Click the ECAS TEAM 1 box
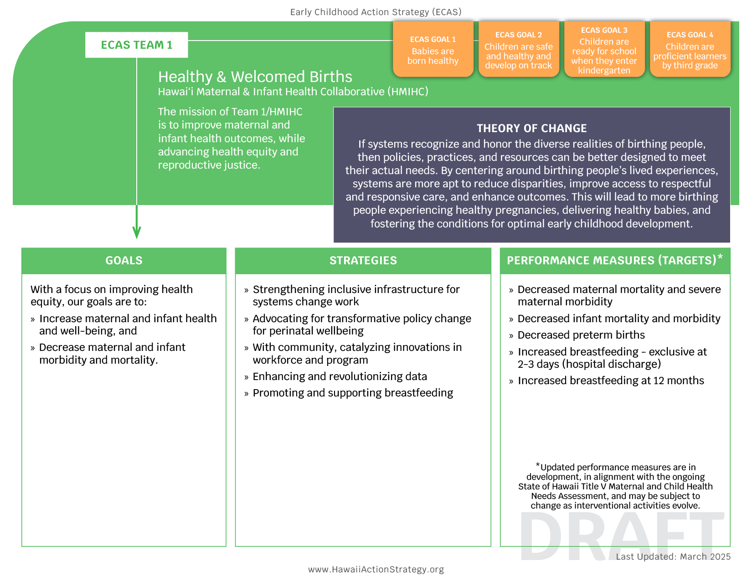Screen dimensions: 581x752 click(x=136, y=45)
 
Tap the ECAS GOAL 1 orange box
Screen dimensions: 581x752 click(x=433, y=50)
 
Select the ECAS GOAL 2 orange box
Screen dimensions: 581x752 click(x=518, y=50)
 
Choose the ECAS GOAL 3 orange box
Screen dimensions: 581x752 click(x=604, y=50)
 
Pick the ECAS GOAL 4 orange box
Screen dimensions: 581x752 click(x=690, y=50)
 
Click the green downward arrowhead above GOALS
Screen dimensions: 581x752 click(x=136, y=232)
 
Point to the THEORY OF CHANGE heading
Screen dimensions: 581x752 click(x=531, y=129)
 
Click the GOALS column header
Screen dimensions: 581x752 click(x=124, y=261)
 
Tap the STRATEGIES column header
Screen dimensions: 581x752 click(x=363, y=261)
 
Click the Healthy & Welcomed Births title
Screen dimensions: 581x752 click(x=255, y=77)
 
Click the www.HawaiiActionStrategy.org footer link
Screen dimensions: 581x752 click(x=376, y=569)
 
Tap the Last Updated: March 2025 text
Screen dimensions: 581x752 click(x=673, y=557)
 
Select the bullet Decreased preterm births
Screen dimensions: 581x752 click(x=581, y=335)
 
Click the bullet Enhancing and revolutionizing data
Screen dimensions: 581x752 click(x=340, y=376)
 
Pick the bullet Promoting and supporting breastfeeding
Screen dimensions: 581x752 click(x=353, y=393)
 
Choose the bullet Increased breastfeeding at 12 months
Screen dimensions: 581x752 click(x=611, y=380)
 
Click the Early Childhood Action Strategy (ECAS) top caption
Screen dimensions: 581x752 click(x=376, y=12)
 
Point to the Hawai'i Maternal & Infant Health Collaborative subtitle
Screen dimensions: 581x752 click(x=293, y=92)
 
